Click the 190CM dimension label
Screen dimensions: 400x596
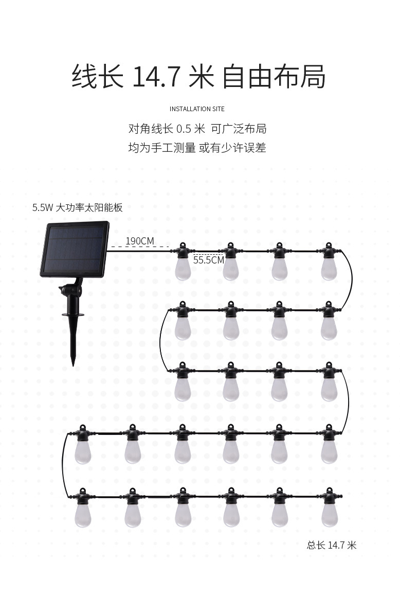140,241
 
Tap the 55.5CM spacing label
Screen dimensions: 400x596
209,260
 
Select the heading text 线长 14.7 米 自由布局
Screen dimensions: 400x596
198,77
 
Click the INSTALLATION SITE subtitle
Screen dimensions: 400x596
197,109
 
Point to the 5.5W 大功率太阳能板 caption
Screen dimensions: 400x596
78,207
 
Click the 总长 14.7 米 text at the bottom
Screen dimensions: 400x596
332,546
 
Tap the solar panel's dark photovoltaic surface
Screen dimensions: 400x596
75,249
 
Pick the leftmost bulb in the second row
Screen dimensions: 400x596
183,321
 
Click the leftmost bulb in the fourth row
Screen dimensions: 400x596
82,444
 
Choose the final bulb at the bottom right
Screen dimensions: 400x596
329,508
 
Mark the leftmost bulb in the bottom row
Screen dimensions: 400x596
82,508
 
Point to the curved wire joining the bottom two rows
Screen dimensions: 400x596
62,465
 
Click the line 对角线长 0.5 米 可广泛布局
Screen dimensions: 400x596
197,129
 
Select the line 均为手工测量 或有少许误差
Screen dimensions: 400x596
197,148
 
